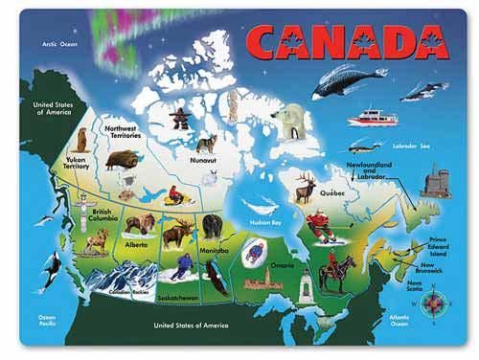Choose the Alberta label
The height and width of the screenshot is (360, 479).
137,244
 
